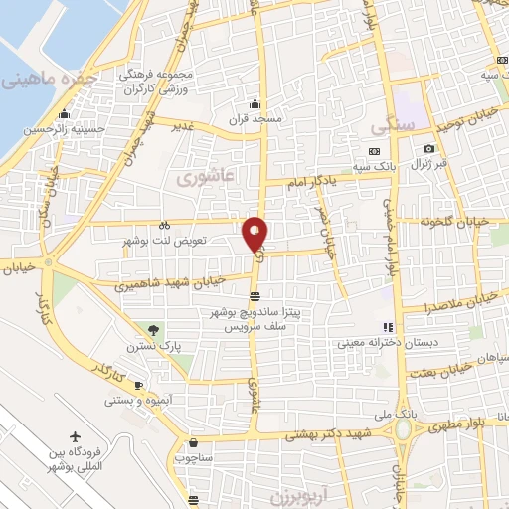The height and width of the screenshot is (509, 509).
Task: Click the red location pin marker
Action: [x=255, y=235]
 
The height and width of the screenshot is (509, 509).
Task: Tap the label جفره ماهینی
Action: [x=52, y=78]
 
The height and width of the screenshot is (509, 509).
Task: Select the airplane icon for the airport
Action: [x=77, y=437]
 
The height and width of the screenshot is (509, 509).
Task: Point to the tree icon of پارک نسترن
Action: [x=151, y=330]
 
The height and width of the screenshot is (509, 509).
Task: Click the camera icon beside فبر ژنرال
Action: [x=428, y=149]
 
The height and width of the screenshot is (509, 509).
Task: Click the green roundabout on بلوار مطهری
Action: [x=405, y=429]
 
